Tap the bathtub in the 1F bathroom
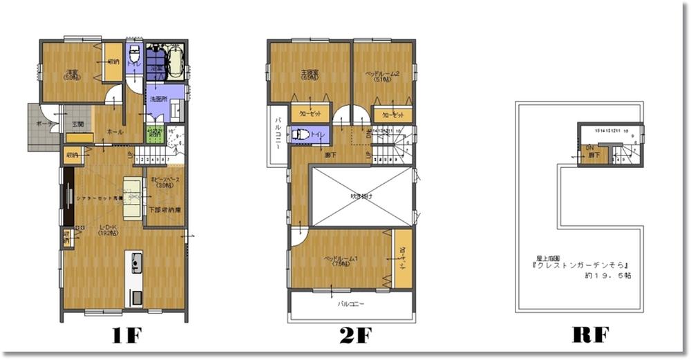point(172,61)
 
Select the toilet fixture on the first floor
point(135,58)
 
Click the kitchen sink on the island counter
point(136,263)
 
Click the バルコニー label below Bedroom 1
point(351,303)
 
